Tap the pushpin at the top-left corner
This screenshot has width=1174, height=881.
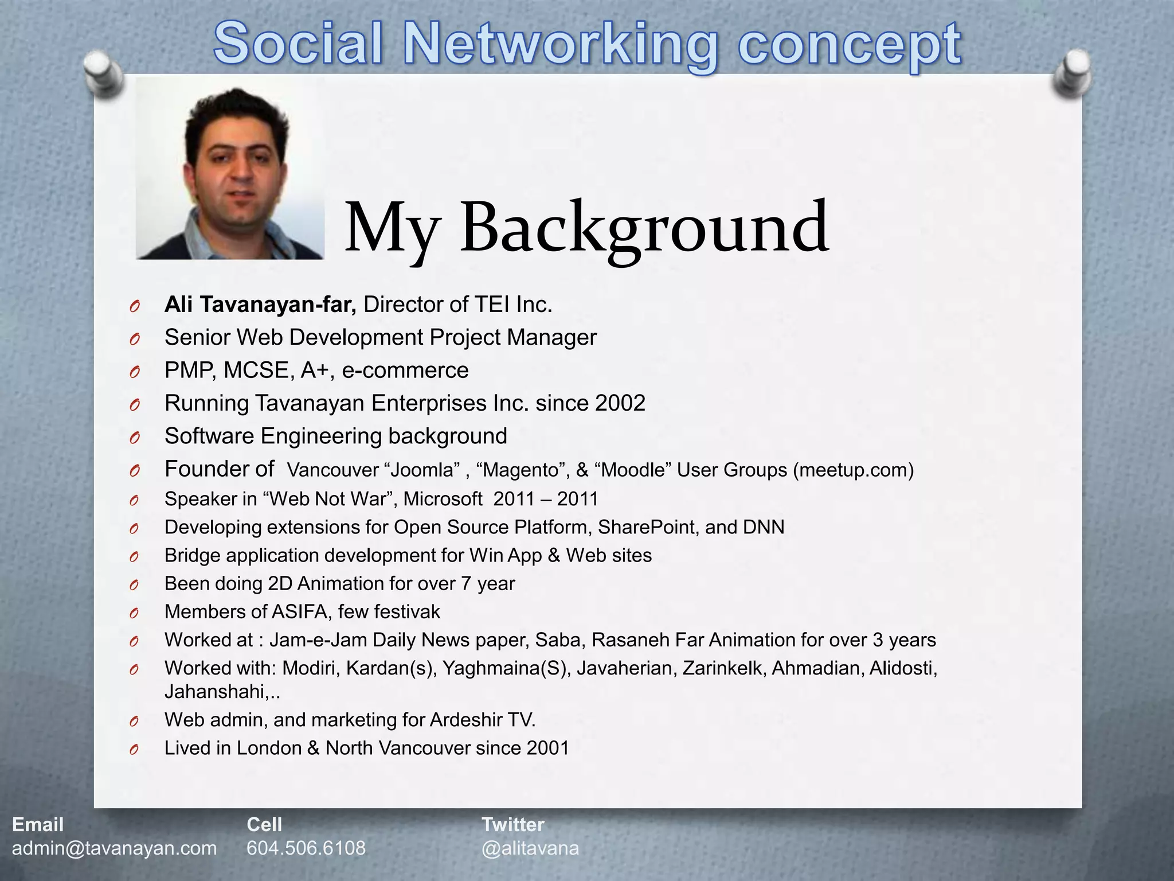click(103, 73)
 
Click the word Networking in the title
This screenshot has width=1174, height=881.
click(561, 44)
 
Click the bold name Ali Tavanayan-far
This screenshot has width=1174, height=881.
click(260, 305)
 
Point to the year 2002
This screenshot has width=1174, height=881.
click(620, 403)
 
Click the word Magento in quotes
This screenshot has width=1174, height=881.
click(521, 470)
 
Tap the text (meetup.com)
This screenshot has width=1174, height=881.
click(854, 470)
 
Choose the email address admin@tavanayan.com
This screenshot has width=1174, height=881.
click(115, 848)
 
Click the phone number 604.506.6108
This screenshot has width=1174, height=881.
click(306, 848)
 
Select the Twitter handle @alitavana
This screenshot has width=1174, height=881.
click(530, 848)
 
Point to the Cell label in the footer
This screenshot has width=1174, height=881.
click(264, 824)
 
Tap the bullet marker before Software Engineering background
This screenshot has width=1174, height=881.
click(134, 438)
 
